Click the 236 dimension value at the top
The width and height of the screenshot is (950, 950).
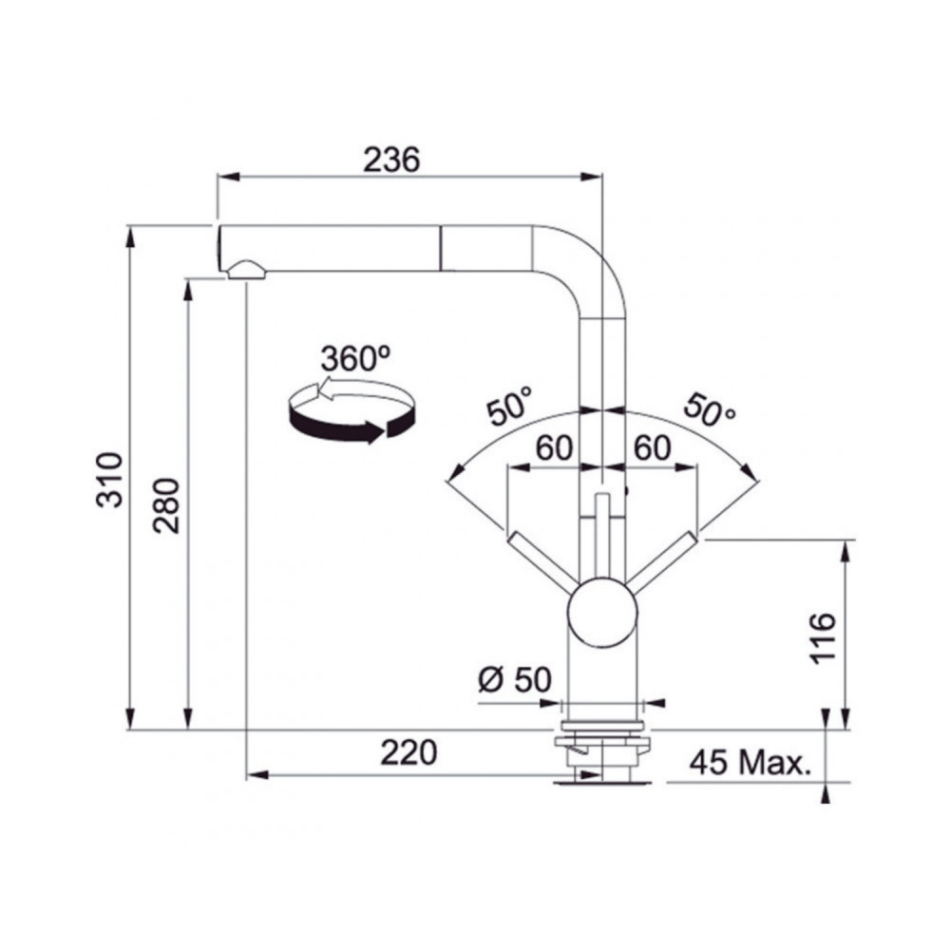tap(390, 160)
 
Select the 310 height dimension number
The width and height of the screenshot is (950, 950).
tap(110, 479)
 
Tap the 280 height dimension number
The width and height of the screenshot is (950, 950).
tap(166, 505)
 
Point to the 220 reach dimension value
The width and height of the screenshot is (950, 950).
tap(408, 752)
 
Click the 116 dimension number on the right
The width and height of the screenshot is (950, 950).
tap(824, 638)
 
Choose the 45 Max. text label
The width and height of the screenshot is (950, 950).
tap(750, 763)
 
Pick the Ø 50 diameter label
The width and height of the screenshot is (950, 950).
tap(515, 679)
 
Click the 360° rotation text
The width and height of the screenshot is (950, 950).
tap(355, 359)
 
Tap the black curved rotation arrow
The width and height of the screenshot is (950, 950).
tap(351, 427)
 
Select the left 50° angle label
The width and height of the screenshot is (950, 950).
tap(509, 406)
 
